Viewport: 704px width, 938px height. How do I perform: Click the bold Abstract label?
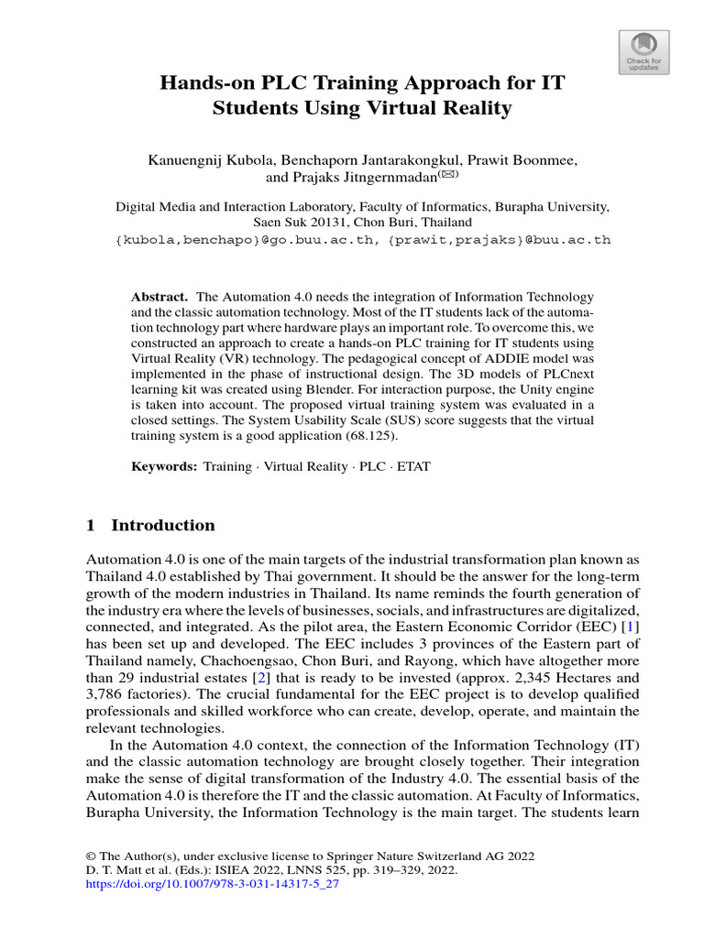click(x=159, y=299)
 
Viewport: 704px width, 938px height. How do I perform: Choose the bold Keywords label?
click(x=164, y=466)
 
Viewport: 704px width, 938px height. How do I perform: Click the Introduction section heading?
click(x=162, y=526)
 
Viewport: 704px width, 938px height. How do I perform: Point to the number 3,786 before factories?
click(x=107, y=693)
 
